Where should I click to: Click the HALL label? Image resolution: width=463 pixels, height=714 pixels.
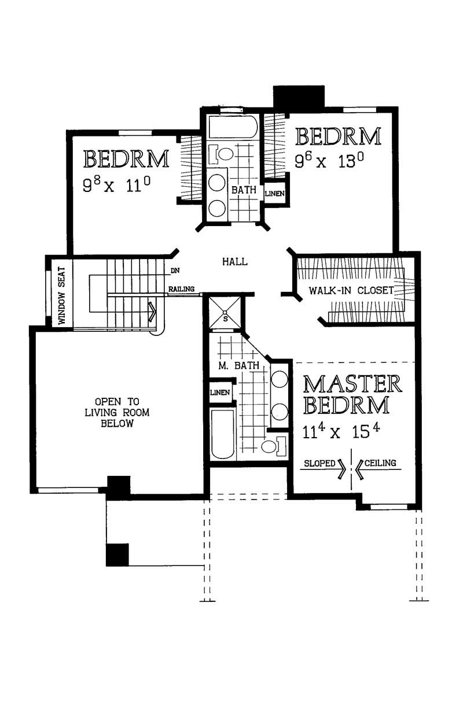235,262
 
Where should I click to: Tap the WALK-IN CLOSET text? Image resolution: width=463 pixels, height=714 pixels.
351,290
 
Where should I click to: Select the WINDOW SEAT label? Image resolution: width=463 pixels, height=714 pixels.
61,293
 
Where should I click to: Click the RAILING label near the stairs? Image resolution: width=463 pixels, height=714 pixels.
181,289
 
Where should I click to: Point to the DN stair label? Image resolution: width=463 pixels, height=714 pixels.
174,270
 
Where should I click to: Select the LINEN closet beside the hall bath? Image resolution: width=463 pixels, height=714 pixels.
274,194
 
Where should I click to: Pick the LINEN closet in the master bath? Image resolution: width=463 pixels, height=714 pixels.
221,393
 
